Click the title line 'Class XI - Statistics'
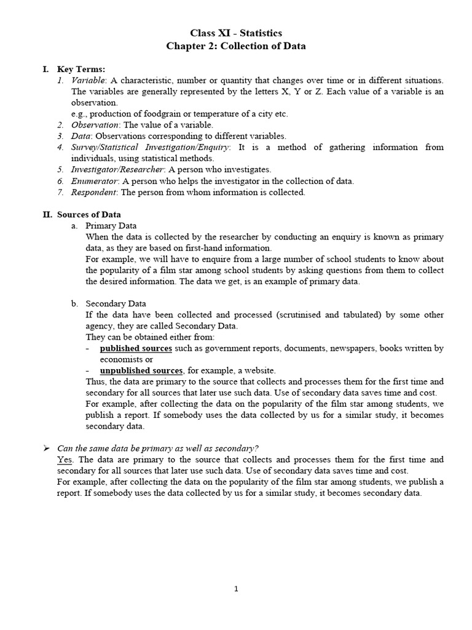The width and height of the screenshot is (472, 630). point(236,33)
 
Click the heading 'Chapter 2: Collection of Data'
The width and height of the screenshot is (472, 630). point(236,46)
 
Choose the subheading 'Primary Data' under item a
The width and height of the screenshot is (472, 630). point(111,226)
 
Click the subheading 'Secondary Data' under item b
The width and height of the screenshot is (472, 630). point(116,303)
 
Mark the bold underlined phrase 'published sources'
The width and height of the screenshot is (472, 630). point(136,348)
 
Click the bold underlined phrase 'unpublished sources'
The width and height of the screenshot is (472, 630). point(141,370)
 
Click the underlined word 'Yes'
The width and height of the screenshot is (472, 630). point(65,460)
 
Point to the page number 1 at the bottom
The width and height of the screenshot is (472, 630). point(236,589)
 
